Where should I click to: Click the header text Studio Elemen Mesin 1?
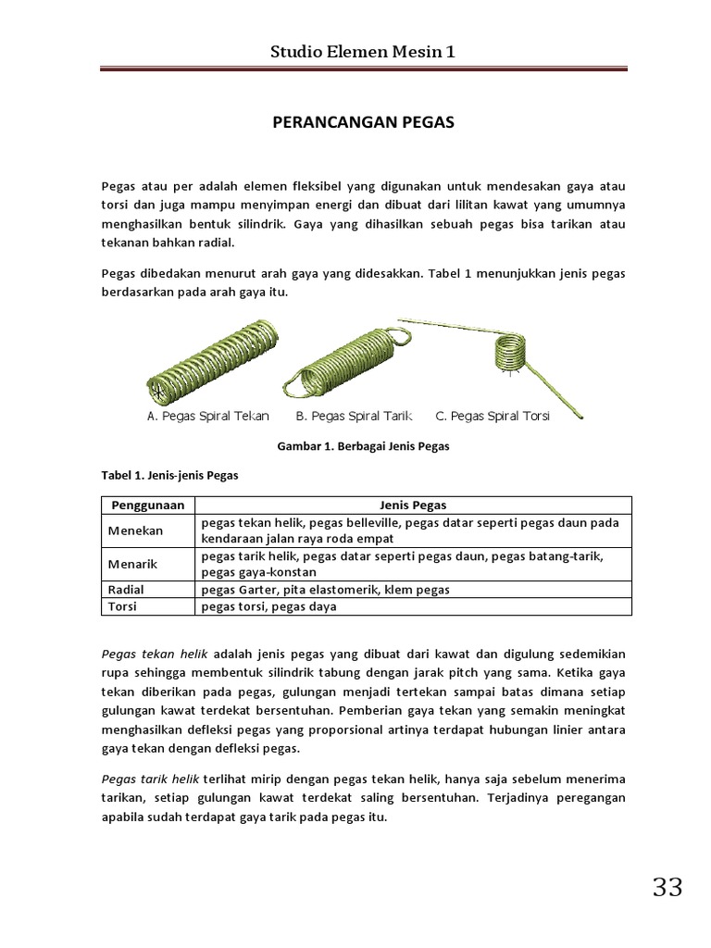[362, 52]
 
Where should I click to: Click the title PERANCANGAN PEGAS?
[362, 122]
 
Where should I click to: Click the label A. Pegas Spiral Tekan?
[208, 417]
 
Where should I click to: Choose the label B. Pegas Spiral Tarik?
[354, 417]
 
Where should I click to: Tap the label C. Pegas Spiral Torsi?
[493, 417]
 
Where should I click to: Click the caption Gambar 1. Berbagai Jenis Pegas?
[363, 446]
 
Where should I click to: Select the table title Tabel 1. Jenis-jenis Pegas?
[169, 476]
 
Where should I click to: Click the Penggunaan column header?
[148, 505]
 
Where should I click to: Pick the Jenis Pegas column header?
[413, 505]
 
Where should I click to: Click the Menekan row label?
[136, 531]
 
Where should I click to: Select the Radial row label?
[127, 589]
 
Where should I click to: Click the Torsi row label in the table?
[124, 606]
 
